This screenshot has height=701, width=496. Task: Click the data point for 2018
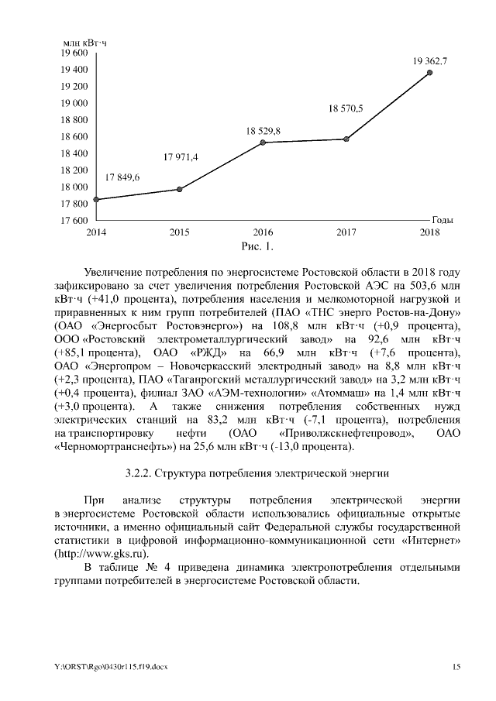pyautogui.click(x=430, y=73)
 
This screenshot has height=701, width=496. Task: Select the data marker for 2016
pyautogui.click(x=263, y=143)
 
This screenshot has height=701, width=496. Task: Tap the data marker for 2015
pyautogui.click(x=180, y=189)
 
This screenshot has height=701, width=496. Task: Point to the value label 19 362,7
pyautogui.click(x=430, y=60)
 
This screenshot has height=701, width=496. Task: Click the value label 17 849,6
pyautogui.click(x=122, y=177)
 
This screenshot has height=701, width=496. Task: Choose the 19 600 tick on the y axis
pyautogui.click(x=74, y=53)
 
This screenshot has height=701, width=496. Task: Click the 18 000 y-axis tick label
pyautogui.click(x=74, y=187)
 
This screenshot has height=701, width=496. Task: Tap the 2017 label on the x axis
pyautogui.click(x=346, y=232)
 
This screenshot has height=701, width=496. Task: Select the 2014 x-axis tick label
pyautogui.click(x=96, y=232)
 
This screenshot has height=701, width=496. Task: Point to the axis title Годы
pyautogui.click(x=443, y=220)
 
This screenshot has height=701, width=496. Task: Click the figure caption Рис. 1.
pyautogui.click(x=257, y=247)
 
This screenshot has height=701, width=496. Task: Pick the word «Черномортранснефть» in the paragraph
pyautogui.click(x=114, y=447)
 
